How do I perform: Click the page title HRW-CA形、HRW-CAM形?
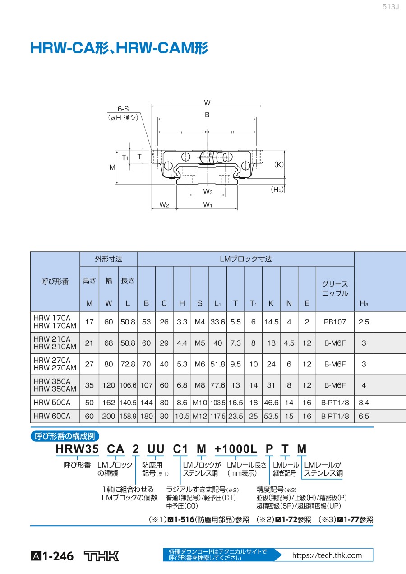[x=119, y=48]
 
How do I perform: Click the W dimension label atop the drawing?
[x=207, y=102]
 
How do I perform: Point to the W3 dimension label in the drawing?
[x=207, y=192]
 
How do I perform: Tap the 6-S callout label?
[x=123, y=109]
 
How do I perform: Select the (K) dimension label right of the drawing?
[x=279, y=165]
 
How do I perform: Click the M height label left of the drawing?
[x=112, y=167]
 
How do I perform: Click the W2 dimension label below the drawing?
[x=164, y=205]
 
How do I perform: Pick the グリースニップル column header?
[x=335, y=289]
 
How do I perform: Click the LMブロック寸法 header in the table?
[x=246, y=259]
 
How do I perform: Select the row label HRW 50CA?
[x=52, y=402]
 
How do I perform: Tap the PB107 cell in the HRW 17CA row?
[x=335, y=322]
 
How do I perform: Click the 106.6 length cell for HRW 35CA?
[x=128, y=385]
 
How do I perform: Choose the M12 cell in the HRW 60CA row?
[x=200, y=416]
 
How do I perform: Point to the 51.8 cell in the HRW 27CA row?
[x=217, y=364]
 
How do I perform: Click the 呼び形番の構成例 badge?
[x=65, y=436]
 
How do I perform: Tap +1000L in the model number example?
[x=235, y=449]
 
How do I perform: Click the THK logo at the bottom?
[x=102, y=556]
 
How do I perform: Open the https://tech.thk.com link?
[x=327, y=555]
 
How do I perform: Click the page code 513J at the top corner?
[x=391, y=7]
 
